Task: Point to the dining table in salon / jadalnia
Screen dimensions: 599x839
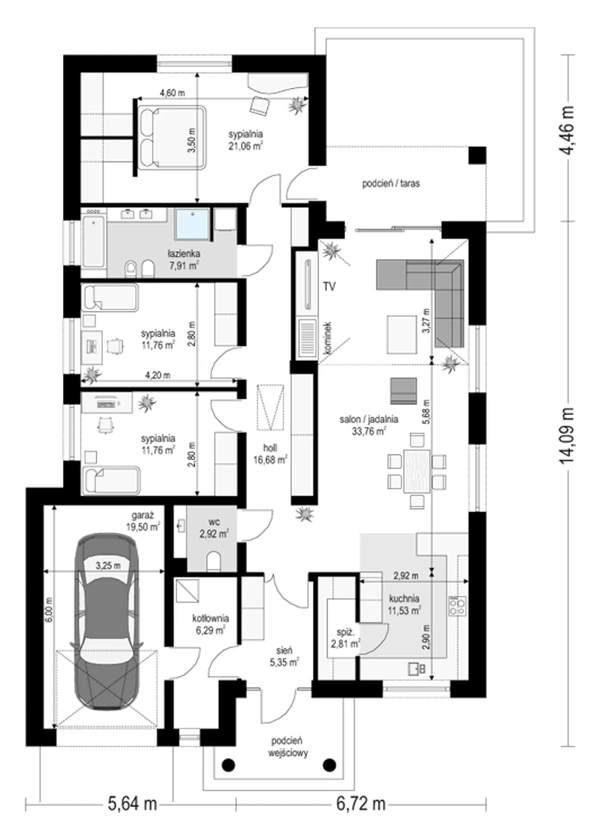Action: [x=417, y=471]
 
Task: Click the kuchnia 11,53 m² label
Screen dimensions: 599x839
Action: [x=404, y=604]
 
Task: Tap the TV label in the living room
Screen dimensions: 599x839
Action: [x=329, y=287]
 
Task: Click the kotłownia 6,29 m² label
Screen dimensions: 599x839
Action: [x=211, y=624]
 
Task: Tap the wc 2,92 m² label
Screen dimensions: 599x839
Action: [x=214, y=528]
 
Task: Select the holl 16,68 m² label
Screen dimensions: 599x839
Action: [x=270, y=454]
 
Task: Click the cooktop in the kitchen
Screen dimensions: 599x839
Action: [x=457, y=605]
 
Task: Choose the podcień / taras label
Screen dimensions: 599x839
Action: [x=391, y=184]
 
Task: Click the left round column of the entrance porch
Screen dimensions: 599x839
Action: [x=228, y=765]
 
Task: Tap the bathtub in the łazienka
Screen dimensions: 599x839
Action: [x=93, y=242]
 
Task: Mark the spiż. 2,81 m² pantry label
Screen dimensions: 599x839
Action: [x=345, y=638]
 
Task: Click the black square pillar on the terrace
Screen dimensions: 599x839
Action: [x=477, y=155]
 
